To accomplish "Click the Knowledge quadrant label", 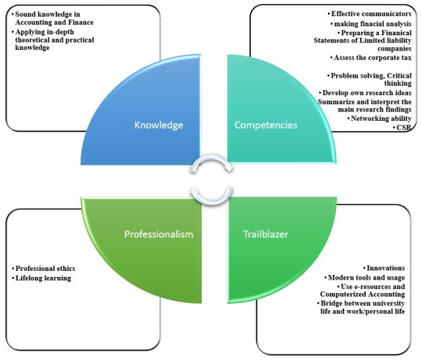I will coord(159,126).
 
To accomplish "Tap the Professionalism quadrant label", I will coord(159,234).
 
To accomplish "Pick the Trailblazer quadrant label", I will coord(256,234).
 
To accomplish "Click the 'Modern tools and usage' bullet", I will coord(368,278).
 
